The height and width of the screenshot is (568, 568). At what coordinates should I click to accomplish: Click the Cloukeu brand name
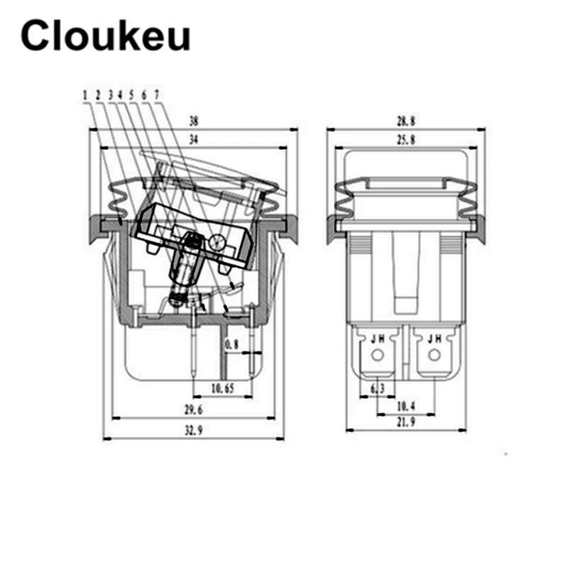click(105, 35)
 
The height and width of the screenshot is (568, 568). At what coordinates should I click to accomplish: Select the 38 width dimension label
click(194, 121)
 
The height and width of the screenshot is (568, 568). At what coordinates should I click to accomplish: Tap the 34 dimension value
click(194, 139)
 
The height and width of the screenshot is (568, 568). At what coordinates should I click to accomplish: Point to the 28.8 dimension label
click(405, 121)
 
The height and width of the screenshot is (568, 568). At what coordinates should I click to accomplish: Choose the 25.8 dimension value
click(405, 139)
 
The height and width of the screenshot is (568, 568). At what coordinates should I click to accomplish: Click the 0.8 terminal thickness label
click(232, 344)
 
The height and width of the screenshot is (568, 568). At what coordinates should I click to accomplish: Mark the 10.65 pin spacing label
click(223, 388)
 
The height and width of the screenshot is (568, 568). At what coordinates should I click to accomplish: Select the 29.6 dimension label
click(193, 410)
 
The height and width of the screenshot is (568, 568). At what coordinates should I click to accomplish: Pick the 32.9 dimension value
click(193, 430)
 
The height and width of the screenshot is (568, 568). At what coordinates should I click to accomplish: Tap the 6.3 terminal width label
click(378, 388)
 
